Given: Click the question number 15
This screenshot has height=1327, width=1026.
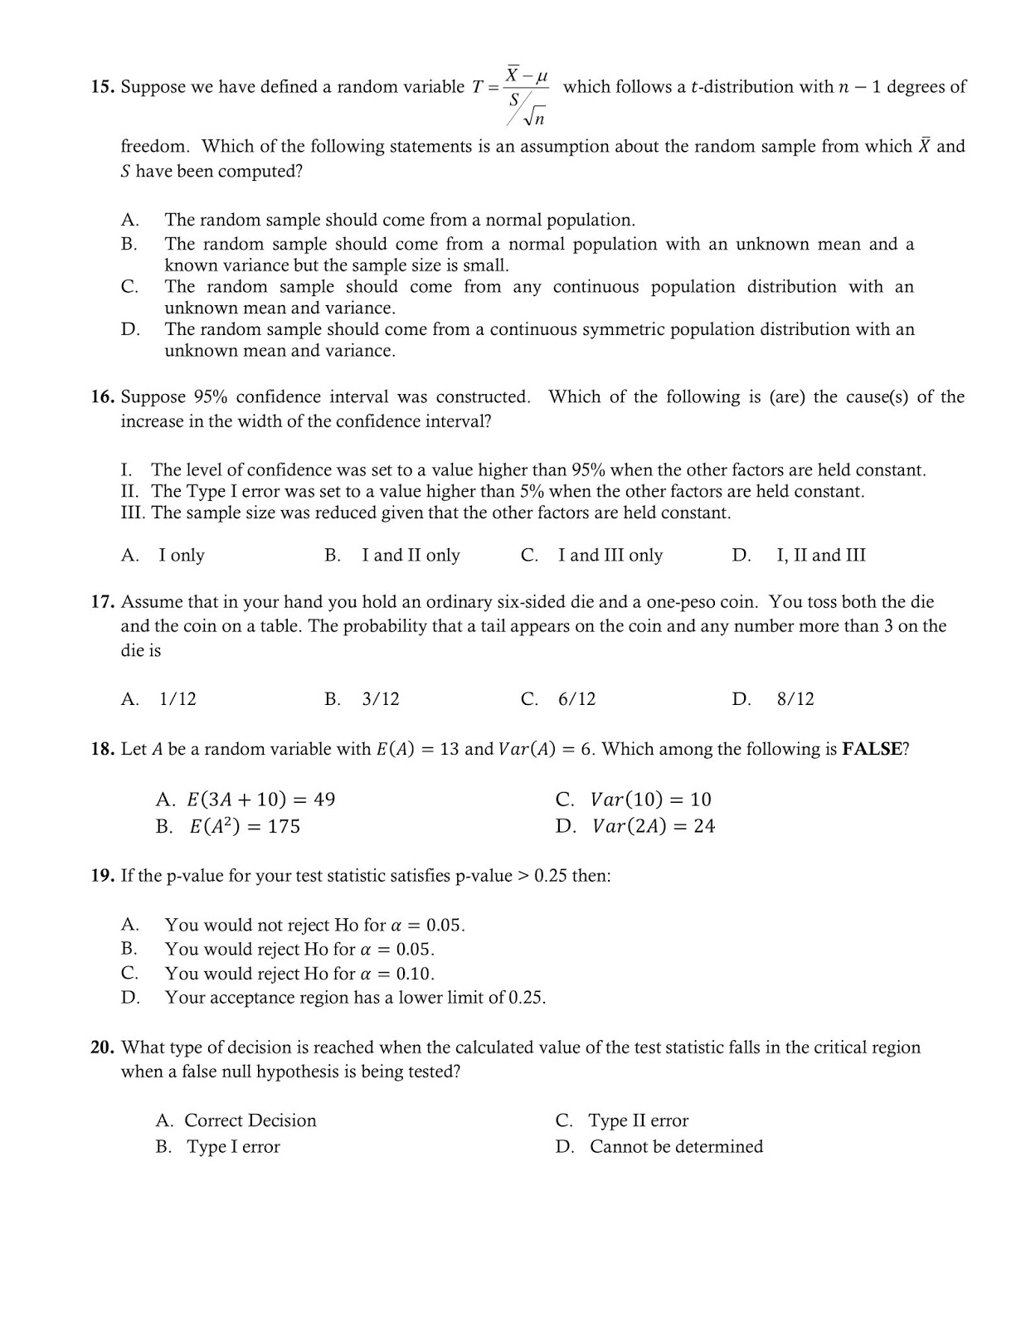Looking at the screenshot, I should (x=103, y=87).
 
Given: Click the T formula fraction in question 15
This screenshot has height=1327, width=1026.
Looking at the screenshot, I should (x=526, y=96).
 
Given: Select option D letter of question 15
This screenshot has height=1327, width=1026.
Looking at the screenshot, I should (x=129, y=329).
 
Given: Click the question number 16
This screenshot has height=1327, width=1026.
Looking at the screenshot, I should (x=103, y=397).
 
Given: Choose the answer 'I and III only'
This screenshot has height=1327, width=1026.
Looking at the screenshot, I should (x=610, y=556).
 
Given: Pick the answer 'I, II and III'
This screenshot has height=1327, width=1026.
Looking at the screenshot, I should (x=820, y=556).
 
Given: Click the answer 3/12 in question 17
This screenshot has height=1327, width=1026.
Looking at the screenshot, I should (x=381, y=699).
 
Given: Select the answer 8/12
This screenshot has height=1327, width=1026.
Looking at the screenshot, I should (x=795, y=699).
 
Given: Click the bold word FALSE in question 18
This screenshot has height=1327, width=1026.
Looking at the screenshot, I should (x=871, y=749).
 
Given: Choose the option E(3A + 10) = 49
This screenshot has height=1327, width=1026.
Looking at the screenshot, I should (x=260, y=800).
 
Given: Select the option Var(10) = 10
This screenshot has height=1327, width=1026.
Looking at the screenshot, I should (x=650, y=800).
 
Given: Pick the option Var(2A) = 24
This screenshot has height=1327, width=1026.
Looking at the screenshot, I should (x=653, y=826).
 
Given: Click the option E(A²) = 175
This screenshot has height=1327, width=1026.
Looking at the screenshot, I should (x=245, y=826).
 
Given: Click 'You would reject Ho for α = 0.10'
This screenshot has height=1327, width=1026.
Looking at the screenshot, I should (x=299, y=974).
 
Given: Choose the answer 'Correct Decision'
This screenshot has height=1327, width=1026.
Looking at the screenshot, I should (x=250, y=1121).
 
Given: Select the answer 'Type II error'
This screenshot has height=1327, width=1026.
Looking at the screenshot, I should (x=638, y=1121).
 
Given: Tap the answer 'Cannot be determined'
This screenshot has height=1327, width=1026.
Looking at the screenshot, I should (x=675, y=1147).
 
